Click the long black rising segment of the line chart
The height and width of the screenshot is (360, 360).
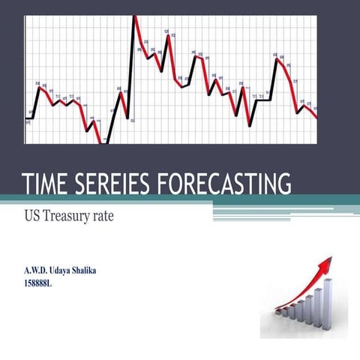[x=131, y=67]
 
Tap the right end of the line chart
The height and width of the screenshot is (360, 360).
[x=316, y=118]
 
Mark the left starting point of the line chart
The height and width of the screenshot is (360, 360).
[x=27, y=118]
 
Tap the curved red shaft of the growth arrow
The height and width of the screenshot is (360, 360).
[x=300, y=296]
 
